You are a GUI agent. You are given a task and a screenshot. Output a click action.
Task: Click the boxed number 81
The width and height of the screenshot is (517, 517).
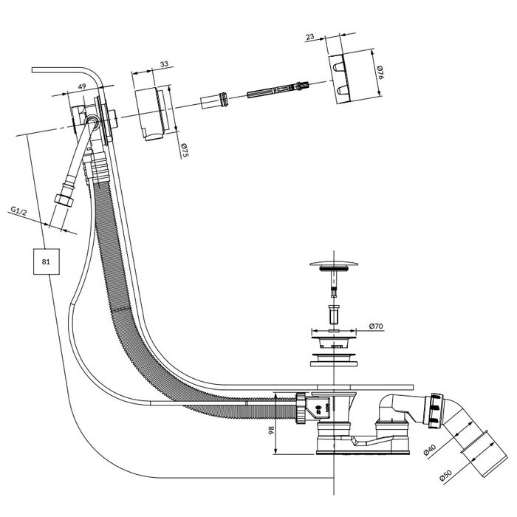[x=46, y=261]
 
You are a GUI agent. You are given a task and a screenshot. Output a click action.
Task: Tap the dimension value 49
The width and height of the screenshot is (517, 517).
[x=82, y=86]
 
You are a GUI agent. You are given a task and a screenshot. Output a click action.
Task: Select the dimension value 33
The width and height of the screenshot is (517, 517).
[x=164, y=64]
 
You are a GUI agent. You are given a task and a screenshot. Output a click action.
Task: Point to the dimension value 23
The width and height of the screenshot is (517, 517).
[x=310, y=36]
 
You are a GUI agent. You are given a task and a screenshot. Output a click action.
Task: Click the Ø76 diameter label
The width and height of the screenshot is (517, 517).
[x=381, y=72]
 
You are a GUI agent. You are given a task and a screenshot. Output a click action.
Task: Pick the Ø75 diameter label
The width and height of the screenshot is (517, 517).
[x=185, y=151]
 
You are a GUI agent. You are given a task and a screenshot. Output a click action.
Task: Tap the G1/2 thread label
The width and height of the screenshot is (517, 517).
[x=18, y=210]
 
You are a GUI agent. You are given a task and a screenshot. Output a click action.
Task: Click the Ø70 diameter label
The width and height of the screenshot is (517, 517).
[x=376, y=326]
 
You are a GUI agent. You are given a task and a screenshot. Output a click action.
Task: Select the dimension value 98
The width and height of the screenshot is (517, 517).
[x=271, y=430]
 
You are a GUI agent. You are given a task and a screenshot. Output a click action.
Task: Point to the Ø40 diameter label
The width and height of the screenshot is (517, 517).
[x=430, y=450]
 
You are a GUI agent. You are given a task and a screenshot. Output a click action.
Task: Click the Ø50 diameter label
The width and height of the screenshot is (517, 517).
[x=445, y=476]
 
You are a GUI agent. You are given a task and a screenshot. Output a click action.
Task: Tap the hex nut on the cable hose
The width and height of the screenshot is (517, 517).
[x=64, y=200]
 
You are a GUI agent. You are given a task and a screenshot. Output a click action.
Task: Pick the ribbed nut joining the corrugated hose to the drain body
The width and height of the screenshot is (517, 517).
[x=301, y=408]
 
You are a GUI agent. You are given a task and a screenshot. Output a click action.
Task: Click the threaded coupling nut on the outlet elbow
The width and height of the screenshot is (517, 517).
[x=435, y=411]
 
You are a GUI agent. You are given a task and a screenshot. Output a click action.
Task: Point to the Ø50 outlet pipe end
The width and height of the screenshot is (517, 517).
[x=484, y=455]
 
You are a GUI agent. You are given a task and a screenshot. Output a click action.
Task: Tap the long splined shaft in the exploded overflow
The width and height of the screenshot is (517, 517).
[x=278, y=89]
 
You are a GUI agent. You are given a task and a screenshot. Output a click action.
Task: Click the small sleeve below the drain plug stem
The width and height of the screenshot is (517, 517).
[x=334, y=314]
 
